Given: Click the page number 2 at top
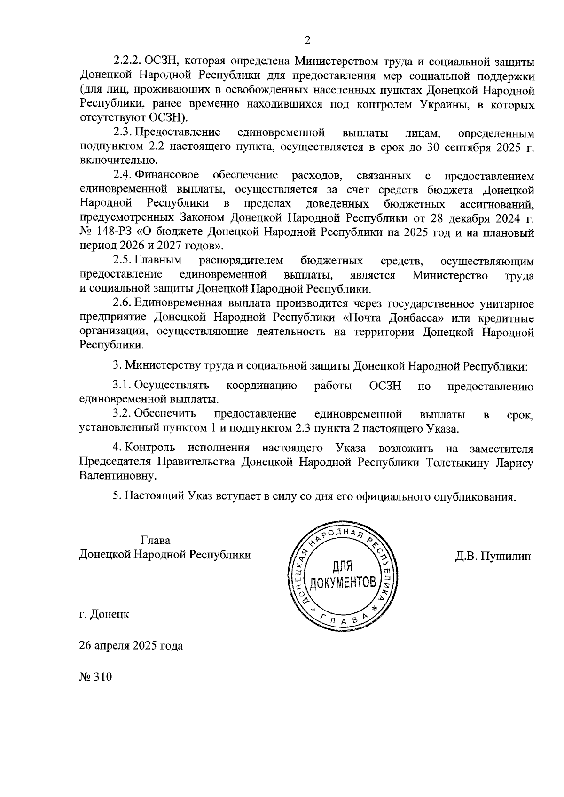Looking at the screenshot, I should coord(307,40).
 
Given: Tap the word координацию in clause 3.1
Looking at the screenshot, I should coord(261,386).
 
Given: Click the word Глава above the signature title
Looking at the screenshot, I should coord(155,541).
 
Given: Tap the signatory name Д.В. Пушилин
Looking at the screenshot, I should coord(493,557).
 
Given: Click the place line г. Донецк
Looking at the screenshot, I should coord(104,614).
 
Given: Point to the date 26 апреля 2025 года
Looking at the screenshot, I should coord(131,645).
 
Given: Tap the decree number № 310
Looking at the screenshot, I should coord(96,677).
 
